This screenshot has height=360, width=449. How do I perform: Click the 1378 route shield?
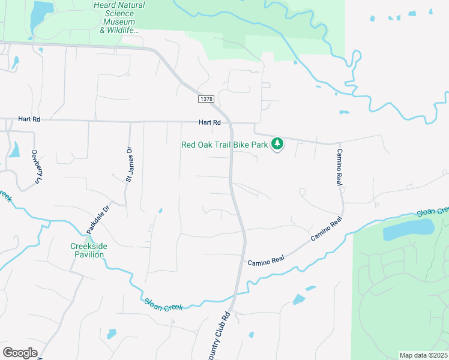click(206, 98)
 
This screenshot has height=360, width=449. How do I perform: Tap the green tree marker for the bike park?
click(277, 144)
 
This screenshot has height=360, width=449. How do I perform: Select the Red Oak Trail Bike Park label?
click(224, 145)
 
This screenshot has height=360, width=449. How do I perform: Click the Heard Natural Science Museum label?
click(119, 17)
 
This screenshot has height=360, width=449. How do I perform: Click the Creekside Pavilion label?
click(87, 251)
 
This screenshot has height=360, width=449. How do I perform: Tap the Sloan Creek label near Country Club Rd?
click(163, 305)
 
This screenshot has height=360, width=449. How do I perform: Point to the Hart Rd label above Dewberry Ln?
click(29, 119)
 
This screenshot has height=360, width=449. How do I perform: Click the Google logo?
click(20, 352)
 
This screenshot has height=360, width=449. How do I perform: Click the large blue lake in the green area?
click(408, 228)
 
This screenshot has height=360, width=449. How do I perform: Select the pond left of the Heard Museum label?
click(41, 13)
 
